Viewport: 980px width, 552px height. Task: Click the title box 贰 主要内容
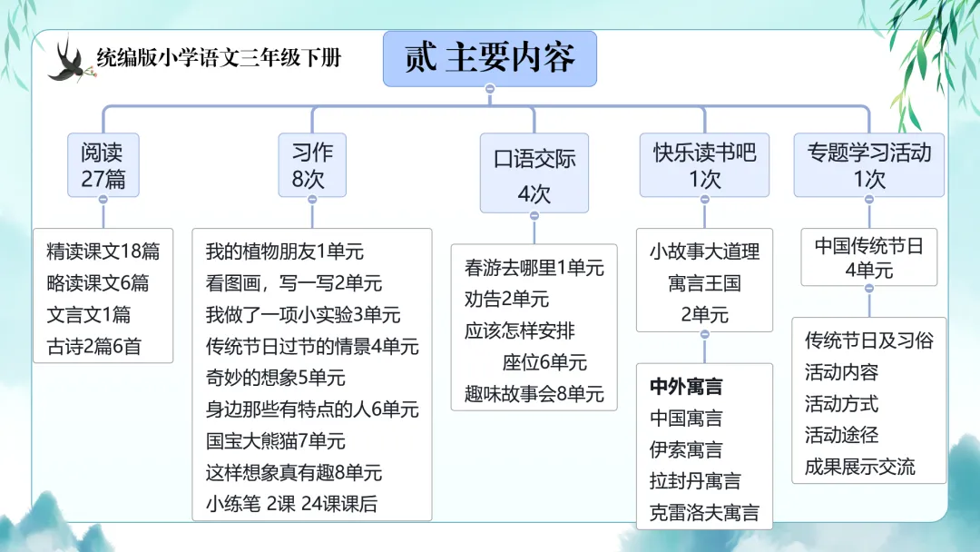[x=490, y=58]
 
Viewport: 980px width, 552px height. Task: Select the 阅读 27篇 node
[x=103, y=164]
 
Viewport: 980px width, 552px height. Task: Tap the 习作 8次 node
[x=312, y=164]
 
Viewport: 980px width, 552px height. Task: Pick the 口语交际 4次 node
[x=534, y=174]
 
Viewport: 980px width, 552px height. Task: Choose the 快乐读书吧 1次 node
[x=705, y=164]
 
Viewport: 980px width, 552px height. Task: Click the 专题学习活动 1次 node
[x=869, y=164]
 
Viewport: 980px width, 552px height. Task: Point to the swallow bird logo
[x=67, y=60]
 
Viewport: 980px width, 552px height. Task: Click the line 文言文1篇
[x=89, y=315]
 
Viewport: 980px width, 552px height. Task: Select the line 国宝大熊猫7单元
[x=276, y=441]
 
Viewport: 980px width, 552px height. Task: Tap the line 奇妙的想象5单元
[x=276, y=378]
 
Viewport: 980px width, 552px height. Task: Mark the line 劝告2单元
[x=506, y=299]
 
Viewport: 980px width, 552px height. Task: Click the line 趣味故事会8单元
[x=534, y=393]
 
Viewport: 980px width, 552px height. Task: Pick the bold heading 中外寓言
[x=686, y=387]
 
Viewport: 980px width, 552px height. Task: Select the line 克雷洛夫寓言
[x=704, y=512]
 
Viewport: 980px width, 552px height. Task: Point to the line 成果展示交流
[x=860, y=468]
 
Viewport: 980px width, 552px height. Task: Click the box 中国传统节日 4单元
[x=868, y=258]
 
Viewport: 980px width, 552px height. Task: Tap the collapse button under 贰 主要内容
[x=490, y=89]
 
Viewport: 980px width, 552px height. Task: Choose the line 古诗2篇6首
[x=94, y=346]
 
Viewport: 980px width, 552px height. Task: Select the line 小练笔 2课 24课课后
[x=291, y=504]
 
